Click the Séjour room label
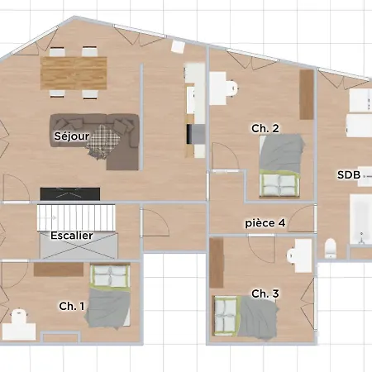point(72,136)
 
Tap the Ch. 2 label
point(265,128)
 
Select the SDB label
point(349,174)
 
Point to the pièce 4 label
point(265,223)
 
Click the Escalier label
point(72,236)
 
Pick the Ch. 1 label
point(72,306)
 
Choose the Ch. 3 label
point(265,293)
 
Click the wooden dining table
point(74,74)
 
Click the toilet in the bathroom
point(330,248)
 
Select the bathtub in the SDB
point(360,219)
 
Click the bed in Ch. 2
point(281,166)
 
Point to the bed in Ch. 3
point(245,316)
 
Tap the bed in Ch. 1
point(108,296)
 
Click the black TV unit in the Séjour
point(70,194)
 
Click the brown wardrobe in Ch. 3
point(217,263)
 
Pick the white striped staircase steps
point(76,217)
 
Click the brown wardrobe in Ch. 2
point(307,94)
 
